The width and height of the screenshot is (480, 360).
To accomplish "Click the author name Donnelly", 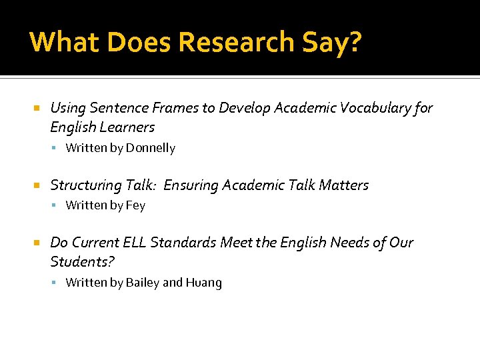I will (151, 148).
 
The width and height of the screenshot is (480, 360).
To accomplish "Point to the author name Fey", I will (135, 205).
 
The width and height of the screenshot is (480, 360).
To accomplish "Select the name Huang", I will (204, 283).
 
